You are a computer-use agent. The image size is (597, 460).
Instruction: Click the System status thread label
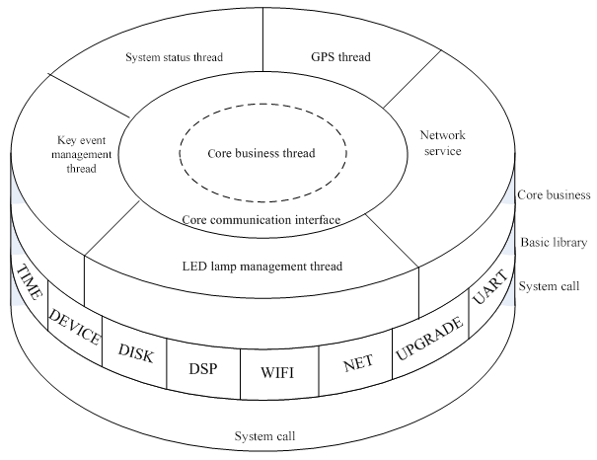pos(174,57)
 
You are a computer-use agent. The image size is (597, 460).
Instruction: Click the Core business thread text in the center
pos(261,154)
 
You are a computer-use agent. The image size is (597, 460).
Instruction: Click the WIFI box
pos(278,374)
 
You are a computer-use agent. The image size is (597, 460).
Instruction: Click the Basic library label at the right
pos(554,242)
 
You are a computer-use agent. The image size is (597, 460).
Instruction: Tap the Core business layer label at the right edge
pos(554,195)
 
